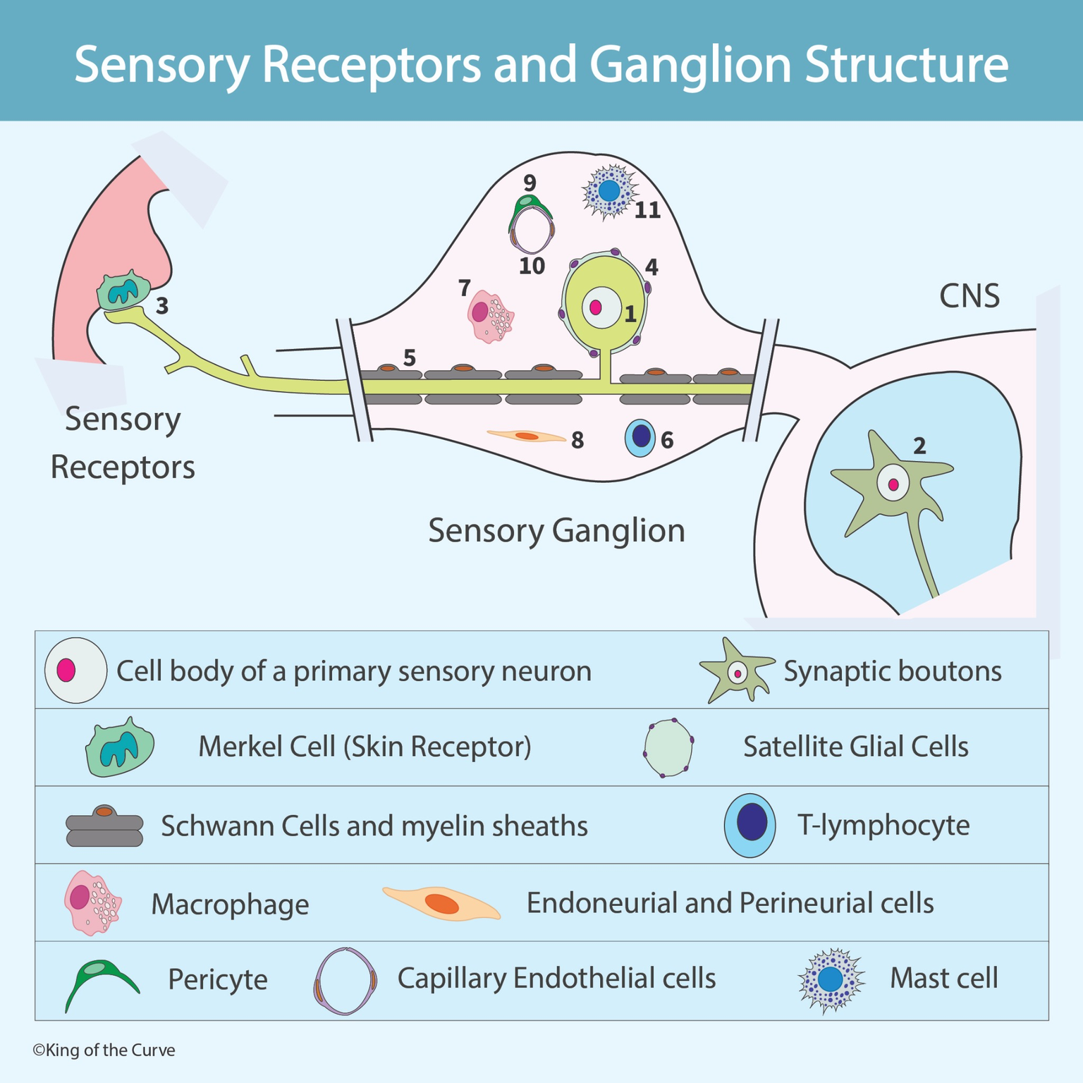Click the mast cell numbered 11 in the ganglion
click(609, 191)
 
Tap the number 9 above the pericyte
click(530, 183)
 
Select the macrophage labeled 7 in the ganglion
click(490, 317)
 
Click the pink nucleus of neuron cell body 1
click(595, 307)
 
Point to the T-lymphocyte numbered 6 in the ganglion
click(640, 438)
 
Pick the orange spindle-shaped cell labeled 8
click(527, 436)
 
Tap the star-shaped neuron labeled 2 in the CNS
click(893, 485)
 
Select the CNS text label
click(969, 296)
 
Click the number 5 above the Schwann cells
click(409, 358)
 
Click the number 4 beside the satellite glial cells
click(651, 267)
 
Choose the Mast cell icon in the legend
click(831, 979)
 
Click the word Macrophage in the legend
click(230, 905)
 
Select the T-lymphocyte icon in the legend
click(750, 824)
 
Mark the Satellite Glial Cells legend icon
click(668, 747)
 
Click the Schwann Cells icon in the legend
click(104, 826)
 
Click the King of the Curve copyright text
click(104, 1050)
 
